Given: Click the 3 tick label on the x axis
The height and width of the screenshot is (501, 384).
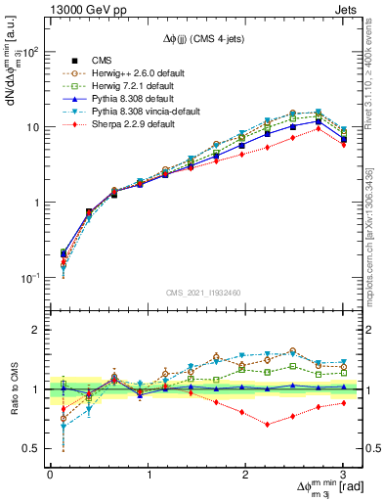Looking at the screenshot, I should tap(343, 475).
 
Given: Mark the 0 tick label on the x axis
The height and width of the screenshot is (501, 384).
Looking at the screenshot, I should tap(50, 475).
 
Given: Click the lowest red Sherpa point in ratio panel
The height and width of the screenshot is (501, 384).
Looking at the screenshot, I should tap(267, 425).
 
